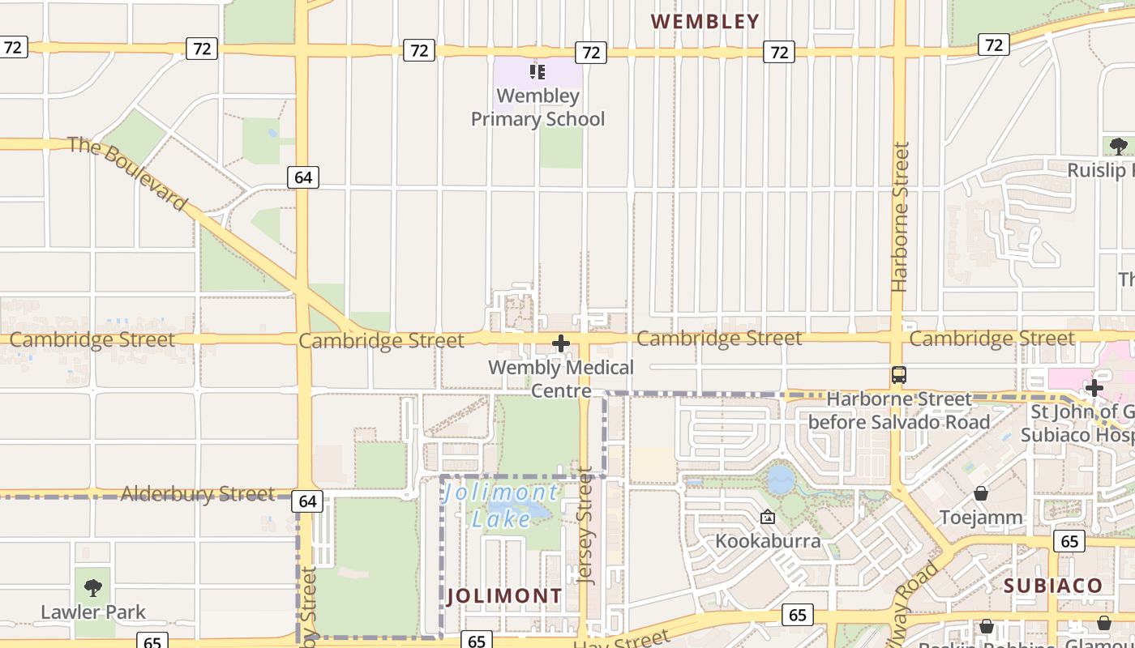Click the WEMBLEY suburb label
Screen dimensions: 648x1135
(x=705, y=22)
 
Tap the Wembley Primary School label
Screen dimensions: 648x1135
(x=538, y=108)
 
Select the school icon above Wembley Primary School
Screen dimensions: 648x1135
(x=537, y=72)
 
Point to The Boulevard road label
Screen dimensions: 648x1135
(x=127, y=173)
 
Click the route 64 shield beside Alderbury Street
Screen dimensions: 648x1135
(x=307, y=501)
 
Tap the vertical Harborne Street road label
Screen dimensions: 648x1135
(x=900, y=217)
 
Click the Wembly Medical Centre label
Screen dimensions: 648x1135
(x=561, y=379)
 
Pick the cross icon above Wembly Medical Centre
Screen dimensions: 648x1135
(x=560, y=343)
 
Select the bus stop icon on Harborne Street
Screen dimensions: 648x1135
(x=898, y=375)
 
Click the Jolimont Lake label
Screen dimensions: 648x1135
(x=501, y=505)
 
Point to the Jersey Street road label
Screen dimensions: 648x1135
(x=585, y=526)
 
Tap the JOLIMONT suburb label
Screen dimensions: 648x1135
(x=504, y=596)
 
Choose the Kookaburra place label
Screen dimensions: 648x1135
(x=768, y=540)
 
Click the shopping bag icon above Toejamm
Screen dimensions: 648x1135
(x=981, y=492)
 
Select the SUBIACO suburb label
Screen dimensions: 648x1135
(x=1053, y=586)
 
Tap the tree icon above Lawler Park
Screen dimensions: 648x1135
(x=93, y=587)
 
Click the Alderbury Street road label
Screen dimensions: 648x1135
(x=197, y=493)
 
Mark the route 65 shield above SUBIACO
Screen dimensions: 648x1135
(x=1069, y=540)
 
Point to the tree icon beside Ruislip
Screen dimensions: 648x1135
(x=1119, y=147)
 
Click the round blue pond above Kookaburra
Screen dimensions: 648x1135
(x=780, y=480)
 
